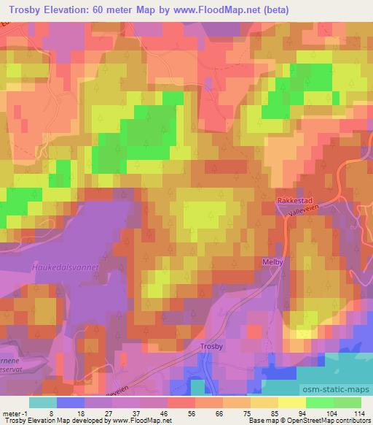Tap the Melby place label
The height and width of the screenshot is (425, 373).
click(271, 261)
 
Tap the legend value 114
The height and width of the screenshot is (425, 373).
click(359, 413)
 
